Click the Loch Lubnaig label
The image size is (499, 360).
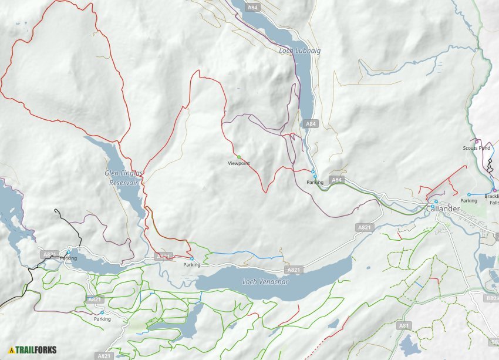coord(299,51)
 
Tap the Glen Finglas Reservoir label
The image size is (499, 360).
coord(121,177)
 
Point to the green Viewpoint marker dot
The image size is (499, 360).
coord(239,157)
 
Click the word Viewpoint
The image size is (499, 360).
coord(239,163)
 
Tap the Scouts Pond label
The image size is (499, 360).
coord(476,148)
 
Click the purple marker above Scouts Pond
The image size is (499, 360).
coord(477,142)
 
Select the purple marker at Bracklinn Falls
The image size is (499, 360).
coord(494,190)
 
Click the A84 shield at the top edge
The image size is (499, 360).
coord(252,7)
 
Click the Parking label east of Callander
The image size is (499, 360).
coord(468,201)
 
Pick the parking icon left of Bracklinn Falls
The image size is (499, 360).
coord(468,194)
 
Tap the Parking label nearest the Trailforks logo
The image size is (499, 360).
coord(102,319)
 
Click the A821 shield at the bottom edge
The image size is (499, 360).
coord(104,356)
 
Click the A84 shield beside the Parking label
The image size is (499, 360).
coord(336,180)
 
